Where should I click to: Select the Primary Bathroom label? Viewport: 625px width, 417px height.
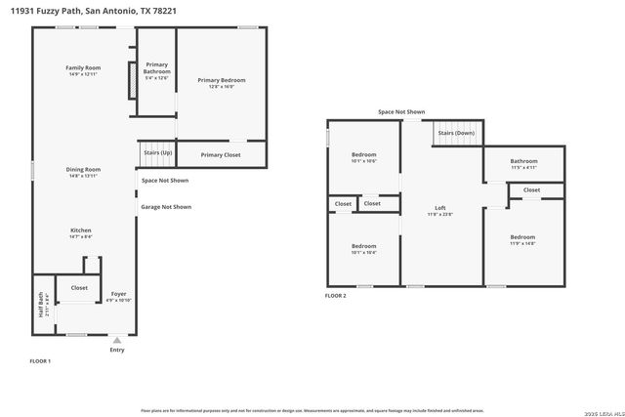click(156, 69)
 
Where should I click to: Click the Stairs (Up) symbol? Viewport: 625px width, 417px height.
click(156, 153)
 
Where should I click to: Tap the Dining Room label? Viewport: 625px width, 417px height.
click(83, 172)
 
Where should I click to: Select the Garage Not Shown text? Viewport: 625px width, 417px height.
click(166, 207)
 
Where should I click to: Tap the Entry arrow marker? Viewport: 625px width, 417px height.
click(117, 340)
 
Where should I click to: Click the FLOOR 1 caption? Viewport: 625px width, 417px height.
click(40, 361)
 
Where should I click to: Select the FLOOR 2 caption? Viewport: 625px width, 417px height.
click(335, 295)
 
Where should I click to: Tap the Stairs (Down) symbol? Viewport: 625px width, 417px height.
click(456, 133)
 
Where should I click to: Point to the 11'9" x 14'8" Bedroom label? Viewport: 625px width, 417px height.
click(522, 239)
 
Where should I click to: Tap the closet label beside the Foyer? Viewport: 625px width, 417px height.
click(79, 288)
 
